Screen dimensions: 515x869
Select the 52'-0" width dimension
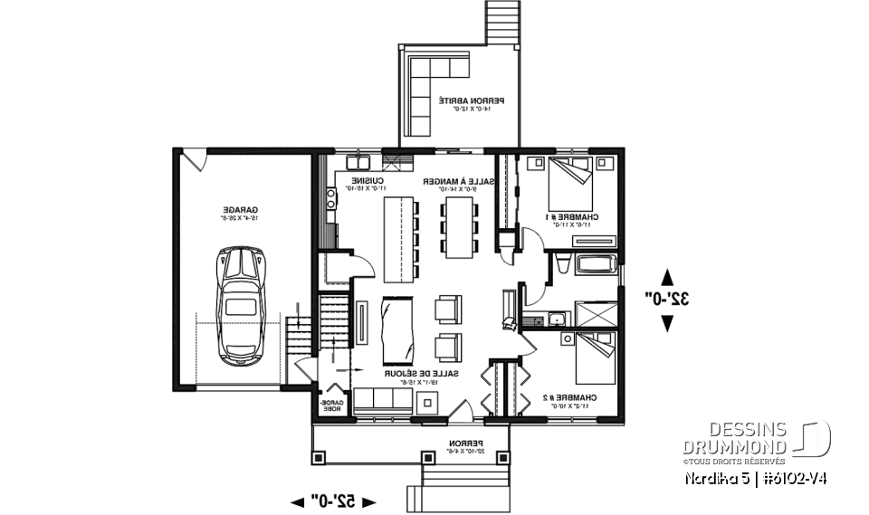[x=332, y=500]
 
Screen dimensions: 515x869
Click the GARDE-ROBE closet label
[x=328, y=406]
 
